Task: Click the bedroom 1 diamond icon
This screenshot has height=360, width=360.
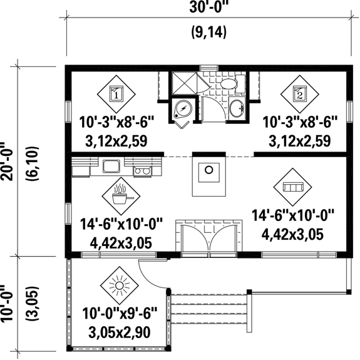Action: click(x=116, y=95)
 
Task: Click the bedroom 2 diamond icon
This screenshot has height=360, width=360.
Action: click(x=299, y=95)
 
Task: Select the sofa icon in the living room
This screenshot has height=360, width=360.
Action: click(x=292, y=187)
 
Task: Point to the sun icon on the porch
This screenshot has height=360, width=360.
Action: click(x=117, y=285)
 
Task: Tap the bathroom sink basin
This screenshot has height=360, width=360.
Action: click(x=237, y=108)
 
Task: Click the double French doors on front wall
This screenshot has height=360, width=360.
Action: click(x=208, y=237)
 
